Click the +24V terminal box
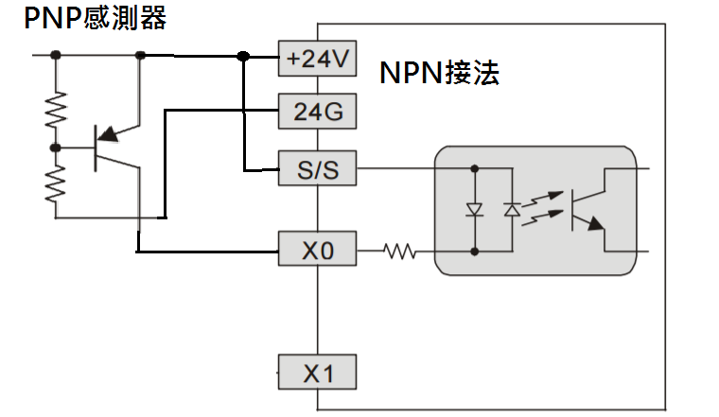[317, 59]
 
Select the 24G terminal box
[317, 112]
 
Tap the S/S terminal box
[317, 168]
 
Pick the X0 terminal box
[317, 249]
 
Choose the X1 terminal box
[317, 373]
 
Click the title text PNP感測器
[95, 18]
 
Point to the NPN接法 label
[439, 73]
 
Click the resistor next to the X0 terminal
[399, 252]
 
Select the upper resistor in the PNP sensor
[56, 109]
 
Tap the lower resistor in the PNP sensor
[56, 183]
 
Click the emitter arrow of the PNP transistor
[109, 134]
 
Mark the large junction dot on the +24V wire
[243, 57]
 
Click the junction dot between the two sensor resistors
[56, 148]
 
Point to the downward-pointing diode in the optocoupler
[475, 210]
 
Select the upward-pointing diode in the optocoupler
[512, 210]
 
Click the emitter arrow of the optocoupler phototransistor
[596, 223]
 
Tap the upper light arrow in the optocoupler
[543, 199]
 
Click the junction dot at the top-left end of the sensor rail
[56, 55]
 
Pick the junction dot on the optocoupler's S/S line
[475, 168]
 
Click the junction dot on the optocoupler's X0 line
[475, 252]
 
